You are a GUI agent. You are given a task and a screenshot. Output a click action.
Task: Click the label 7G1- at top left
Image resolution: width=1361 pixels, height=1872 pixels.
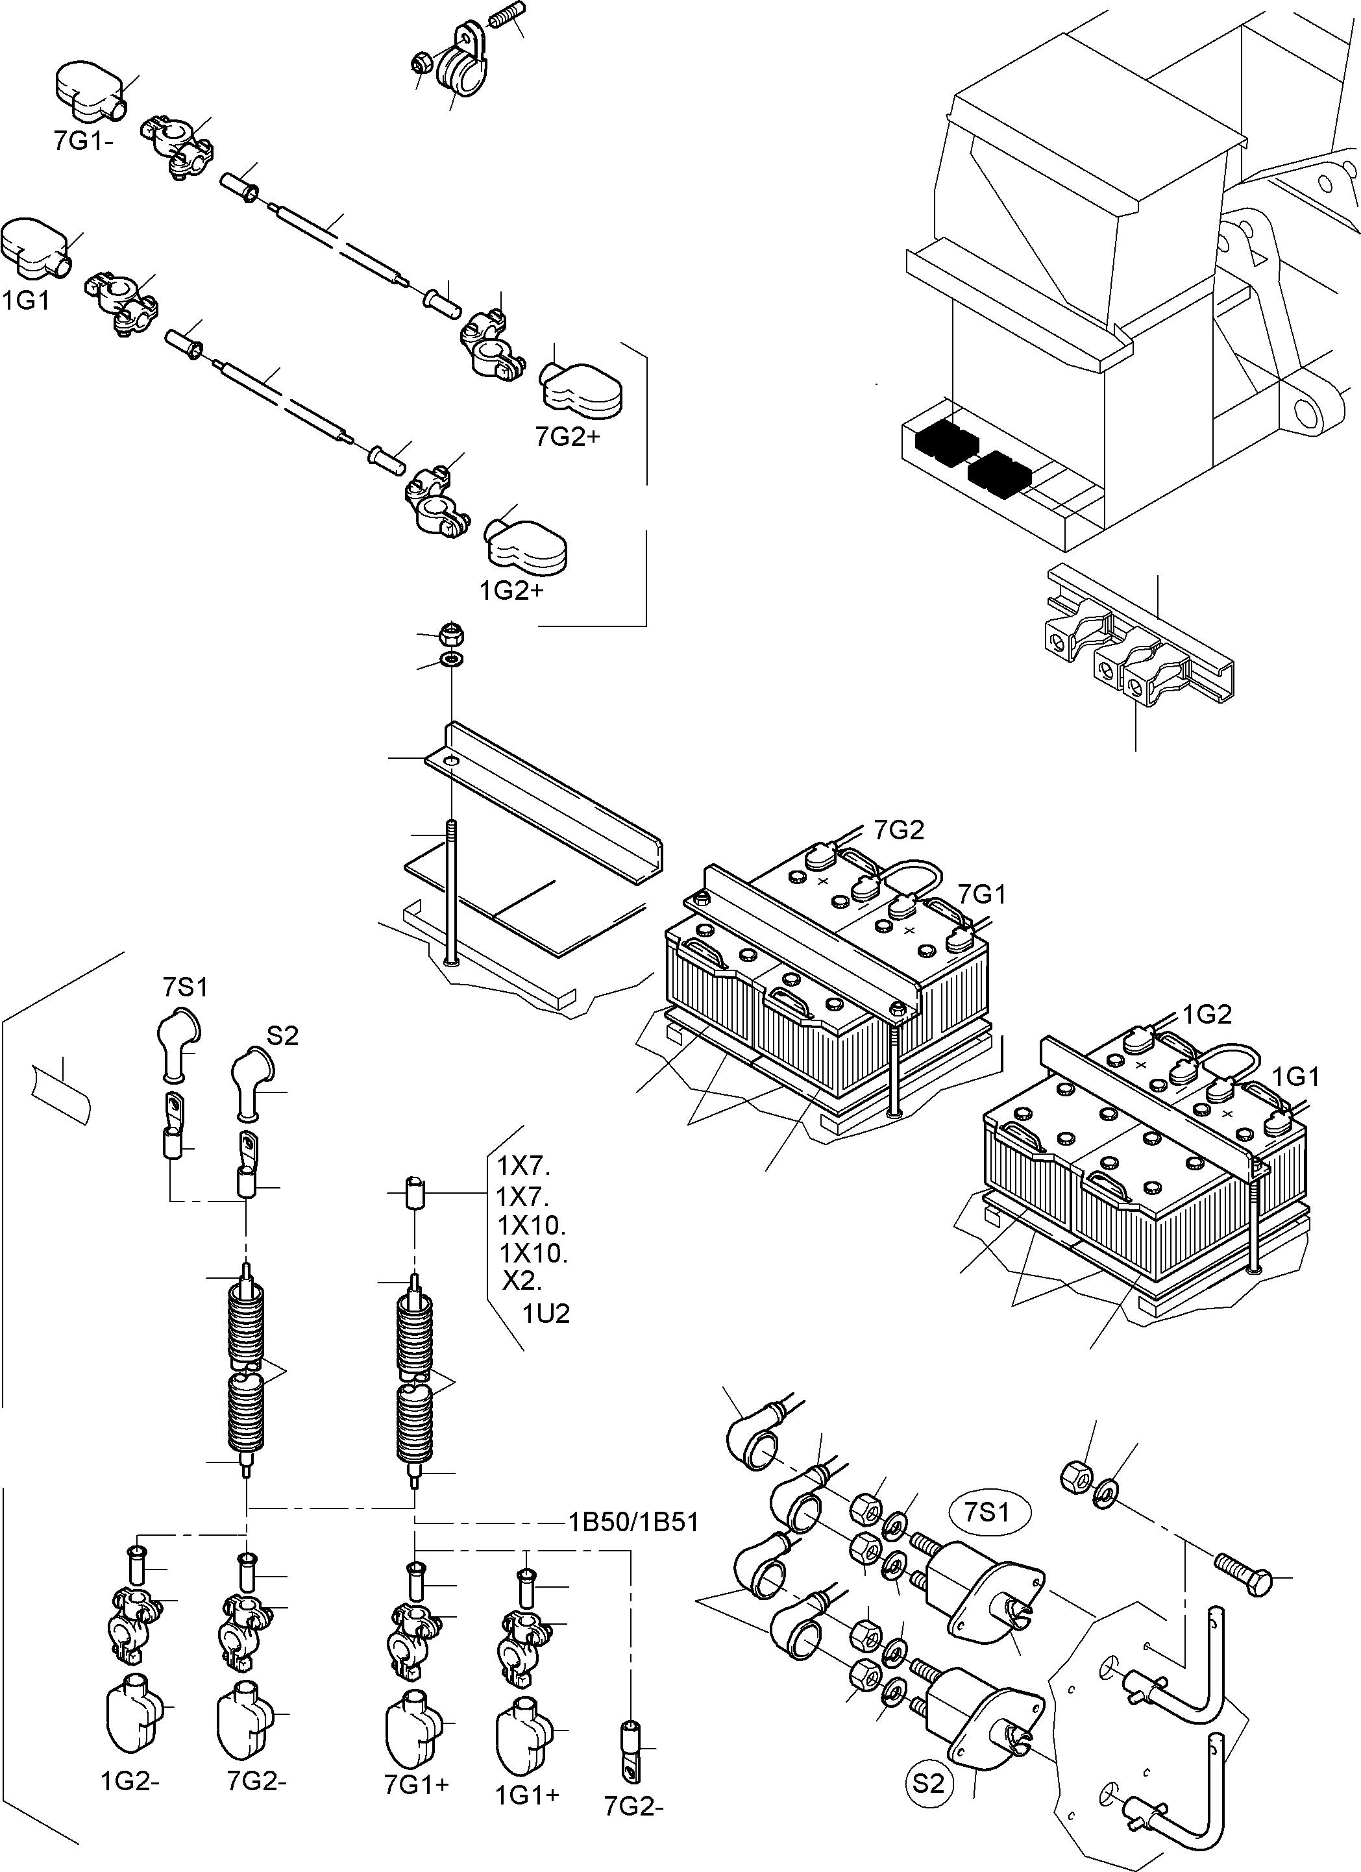pos(83,141)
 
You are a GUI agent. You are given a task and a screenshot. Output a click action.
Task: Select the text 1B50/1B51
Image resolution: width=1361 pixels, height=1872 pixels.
pos(633,1522)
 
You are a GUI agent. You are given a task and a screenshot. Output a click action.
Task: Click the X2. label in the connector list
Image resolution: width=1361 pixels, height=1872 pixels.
pos(522,1281)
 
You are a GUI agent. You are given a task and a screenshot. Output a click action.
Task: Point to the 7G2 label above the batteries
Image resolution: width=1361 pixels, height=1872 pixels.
pos(899,830)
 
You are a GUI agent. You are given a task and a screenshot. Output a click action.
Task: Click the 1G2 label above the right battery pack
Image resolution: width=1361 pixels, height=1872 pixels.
pos(1207,1015)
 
